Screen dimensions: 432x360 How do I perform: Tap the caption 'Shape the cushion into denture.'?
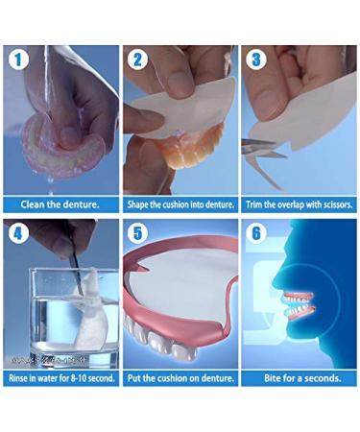coord(180,204)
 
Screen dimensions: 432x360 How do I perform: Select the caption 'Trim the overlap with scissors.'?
coord(299,204)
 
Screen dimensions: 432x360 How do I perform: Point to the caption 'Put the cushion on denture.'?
coord(180,378)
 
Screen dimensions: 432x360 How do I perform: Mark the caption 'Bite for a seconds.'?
coord(299,378)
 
